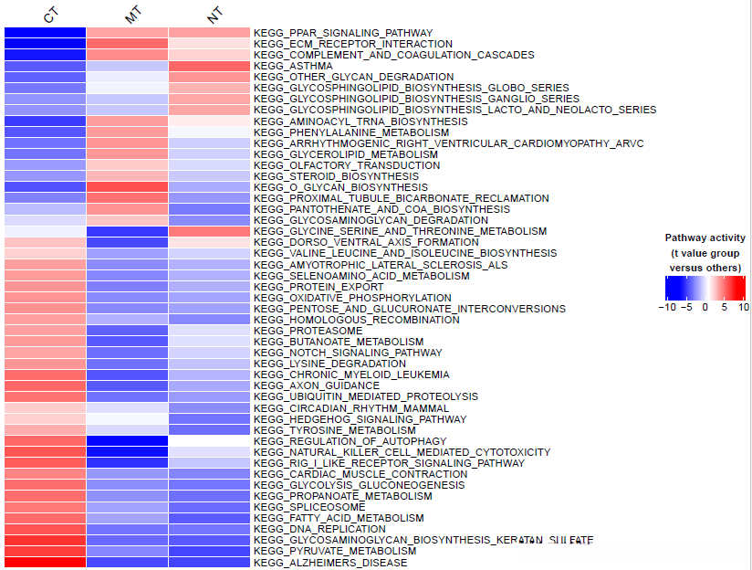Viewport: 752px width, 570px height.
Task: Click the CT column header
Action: pyautogui.click(x=49, y=16)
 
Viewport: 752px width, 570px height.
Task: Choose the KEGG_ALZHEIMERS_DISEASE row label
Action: pyautogui.click(x=330, y=562)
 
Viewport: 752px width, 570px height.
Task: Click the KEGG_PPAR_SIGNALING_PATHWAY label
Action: pyautogui.click(x=343, y=33)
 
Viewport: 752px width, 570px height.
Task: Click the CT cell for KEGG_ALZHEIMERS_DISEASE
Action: pyautogui.click(x=46, y=562)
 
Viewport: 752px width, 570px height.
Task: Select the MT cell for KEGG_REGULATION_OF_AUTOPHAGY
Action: pyautogui.click(x=127, y=441)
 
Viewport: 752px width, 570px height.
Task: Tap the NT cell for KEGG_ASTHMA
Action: pyautogui.click(x=209, y=66)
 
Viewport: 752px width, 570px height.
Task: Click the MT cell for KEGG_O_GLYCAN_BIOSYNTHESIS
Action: pyautogui.click(x=127, y=187)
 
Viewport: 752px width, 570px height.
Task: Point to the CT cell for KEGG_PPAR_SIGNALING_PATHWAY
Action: pyautogui.click(x=46, y=33)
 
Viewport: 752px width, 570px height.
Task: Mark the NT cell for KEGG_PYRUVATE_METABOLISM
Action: pyautogui.click(x=209, y=551)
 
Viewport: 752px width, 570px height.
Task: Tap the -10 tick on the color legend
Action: pyautogui.click(x=667, y=308)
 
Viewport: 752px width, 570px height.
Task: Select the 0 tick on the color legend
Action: pyautogui.click(x=705, y=308)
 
